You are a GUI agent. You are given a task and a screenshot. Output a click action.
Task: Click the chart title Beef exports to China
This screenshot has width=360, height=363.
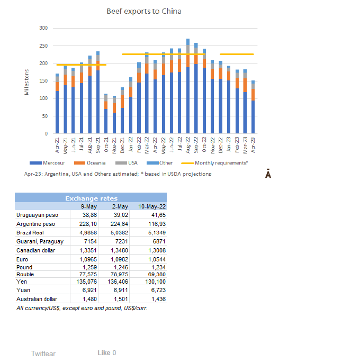tap(143, 11)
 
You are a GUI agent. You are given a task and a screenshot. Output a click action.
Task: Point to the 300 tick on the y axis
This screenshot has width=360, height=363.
tap(43, 28)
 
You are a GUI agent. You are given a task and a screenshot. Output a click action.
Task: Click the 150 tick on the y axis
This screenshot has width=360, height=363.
tap(43, 81)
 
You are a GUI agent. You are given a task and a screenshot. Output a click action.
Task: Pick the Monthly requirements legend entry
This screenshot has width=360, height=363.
tap(217, 163)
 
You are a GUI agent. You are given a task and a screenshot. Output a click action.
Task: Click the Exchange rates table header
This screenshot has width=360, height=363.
tap(91, 198)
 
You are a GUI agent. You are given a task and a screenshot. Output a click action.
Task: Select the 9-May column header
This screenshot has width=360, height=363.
tap(88, 206)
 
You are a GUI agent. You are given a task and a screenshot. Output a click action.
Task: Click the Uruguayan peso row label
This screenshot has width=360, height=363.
tap(37, 215)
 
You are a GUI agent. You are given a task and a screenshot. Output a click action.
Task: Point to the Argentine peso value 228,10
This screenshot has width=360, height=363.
tap(90, 224)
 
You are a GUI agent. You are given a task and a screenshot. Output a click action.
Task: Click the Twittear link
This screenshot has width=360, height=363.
tap(43, 353)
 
